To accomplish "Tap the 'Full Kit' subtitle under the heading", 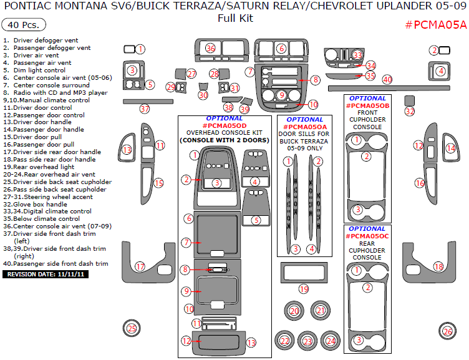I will pyautogui.click(x=235, y=18).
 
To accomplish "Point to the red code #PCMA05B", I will pyautogui.click(x=367, y=106).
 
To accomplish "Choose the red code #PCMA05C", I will pyautogui.click(x=367, y=236).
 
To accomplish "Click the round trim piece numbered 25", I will pyautogui.click(x=131, y=328).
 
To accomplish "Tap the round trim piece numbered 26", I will pyautogui.click(x=447, y=331).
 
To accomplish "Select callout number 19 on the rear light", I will pyautogui.click(x=304, y=289).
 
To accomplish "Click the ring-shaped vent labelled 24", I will pyautogui.click(x=331, y=341).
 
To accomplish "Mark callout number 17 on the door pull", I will pyautogui.click(x=140, y=266).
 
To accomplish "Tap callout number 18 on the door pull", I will pyautogui.click(x=438, y=266).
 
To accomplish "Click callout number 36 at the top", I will pyautogui.click(x=211, y=48).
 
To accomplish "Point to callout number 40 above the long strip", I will pyautogui.click(x=387, y=79).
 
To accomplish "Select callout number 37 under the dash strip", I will pyautogui.click(x=145, y=109).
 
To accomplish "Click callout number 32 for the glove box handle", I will pyautogui.click(x=410, y=111).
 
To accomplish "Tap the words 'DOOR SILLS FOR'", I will pyautogui.click(x=304, y=134).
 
